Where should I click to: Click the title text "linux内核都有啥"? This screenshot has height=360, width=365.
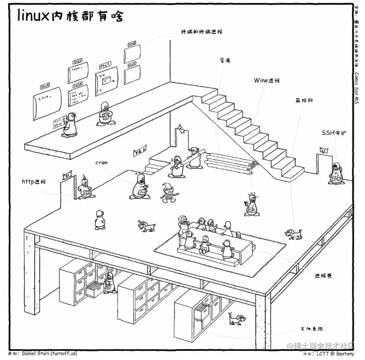click(70, 16)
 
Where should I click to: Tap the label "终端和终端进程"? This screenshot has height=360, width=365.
click(202, 31)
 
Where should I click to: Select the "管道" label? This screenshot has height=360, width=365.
click(225, 60)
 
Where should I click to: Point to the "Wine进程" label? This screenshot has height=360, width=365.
click(267, 80)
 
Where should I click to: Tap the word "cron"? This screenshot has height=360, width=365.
click(101, 162)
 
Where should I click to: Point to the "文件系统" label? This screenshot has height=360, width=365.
click(311, 329)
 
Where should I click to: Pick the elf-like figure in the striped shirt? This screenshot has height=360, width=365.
click(168, 192)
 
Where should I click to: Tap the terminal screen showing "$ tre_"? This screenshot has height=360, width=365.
click(47, 100)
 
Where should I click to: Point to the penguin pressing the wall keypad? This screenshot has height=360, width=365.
click(71, 124)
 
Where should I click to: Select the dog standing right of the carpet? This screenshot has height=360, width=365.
click(293, 234)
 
